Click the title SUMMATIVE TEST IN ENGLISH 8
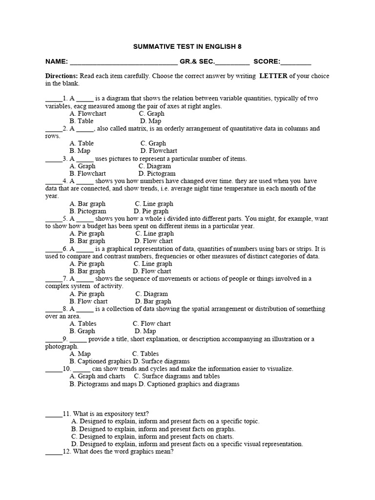(187, 46)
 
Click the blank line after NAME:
(124, 63)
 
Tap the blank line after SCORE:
(296, 63)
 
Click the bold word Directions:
(61, 76)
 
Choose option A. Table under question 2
(82, 144)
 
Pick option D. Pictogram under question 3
(157, 173)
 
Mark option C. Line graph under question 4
(154, 204)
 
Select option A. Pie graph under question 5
(87, 234)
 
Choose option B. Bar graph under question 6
(87, 271)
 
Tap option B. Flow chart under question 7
(88, 301)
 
